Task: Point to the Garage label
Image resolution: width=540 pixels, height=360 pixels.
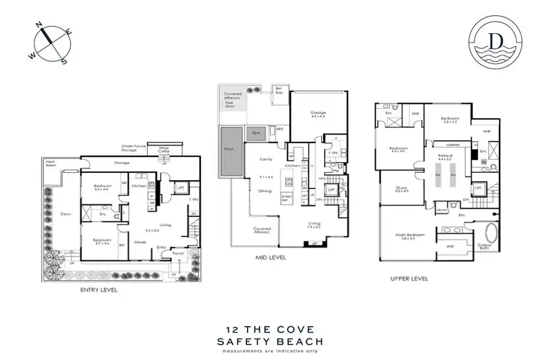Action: point(318,113)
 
